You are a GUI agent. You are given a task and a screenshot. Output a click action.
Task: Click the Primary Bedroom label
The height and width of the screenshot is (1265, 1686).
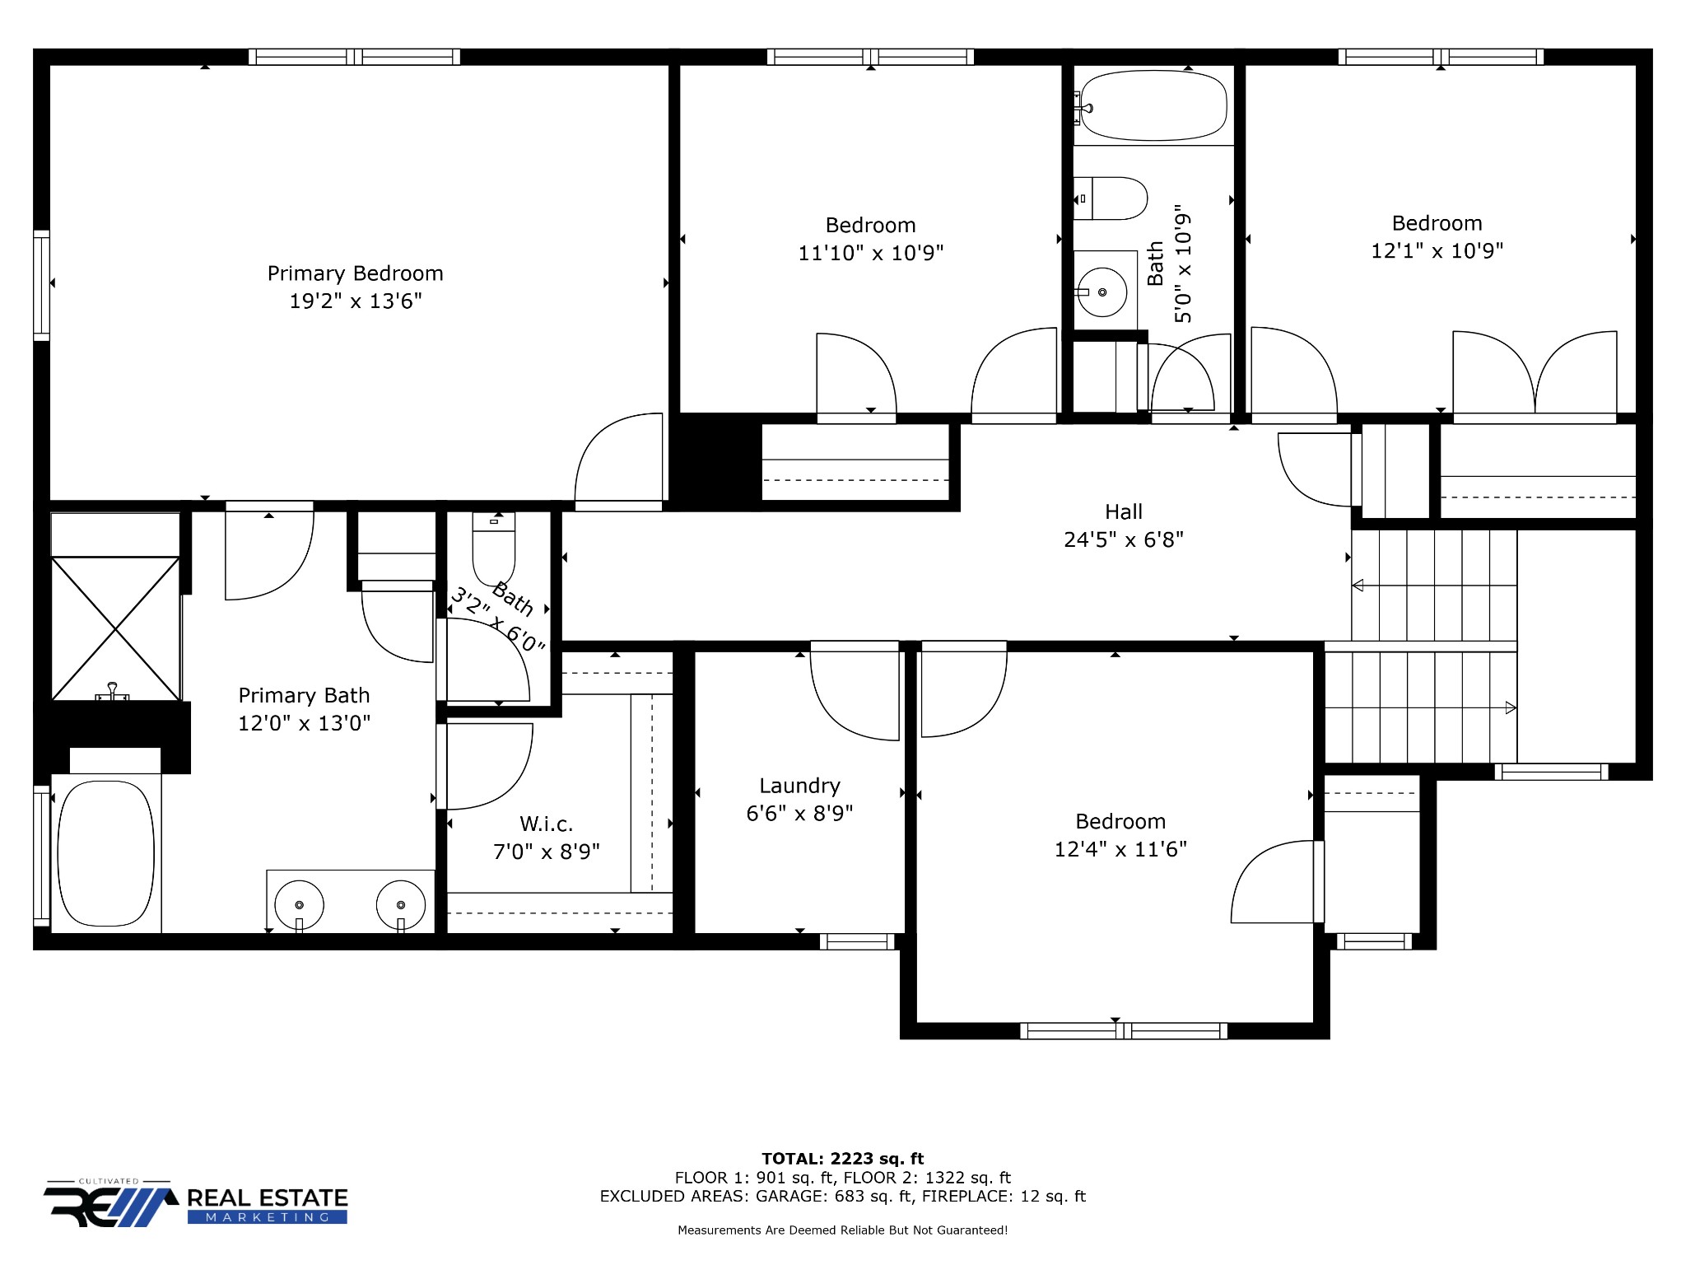click(355, 273)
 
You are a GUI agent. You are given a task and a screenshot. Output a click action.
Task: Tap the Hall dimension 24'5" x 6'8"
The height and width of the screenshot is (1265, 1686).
click(1123, 539)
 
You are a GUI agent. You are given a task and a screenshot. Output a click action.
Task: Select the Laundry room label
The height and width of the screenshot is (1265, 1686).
click(799, 786)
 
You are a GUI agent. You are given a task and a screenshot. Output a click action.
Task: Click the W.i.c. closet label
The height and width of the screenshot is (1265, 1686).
click(546, 824)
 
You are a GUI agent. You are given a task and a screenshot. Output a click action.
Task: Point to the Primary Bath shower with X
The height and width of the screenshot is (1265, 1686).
click(115, 628)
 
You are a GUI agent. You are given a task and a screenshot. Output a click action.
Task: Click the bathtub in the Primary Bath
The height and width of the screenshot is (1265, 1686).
click(105, 853)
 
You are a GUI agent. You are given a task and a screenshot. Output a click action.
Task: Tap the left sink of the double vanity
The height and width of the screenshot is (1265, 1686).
click(299, 905)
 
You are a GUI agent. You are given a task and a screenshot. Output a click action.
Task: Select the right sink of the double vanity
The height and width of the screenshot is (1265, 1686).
click(401, 905)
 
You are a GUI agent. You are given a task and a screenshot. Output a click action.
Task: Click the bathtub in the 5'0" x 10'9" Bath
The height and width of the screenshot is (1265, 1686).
click(1153, 105)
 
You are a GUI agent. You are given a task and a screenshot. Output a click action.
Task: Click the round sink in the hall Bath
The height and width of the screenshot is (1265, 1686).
click(1101, 292)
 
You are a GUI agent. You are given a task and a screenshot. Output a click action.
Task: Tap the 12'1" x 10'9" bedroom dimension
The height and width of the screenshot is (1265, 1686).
click(1437, 250)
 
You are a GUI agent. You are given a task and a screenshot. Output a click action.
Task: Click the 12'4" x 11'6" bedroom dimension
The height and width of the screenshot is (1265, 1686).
click(1120, 849)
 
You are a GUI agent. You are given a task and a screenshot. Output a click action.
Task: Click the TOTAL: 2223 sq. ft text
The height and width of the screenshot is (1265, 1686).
click(842, 1159)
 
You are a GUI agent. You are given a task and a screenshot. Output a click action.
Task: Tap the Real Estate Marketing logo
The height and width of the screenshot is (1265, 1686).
click(196, 1206)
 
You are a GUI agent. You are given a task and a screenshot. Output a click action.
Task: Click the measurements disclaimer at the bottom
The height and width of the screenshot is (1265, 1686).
click(842, 1230)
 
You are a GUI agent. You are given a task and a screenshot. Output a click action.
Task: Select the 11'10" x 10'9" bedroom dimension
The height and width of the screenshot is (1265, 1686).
click(870, 253)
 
